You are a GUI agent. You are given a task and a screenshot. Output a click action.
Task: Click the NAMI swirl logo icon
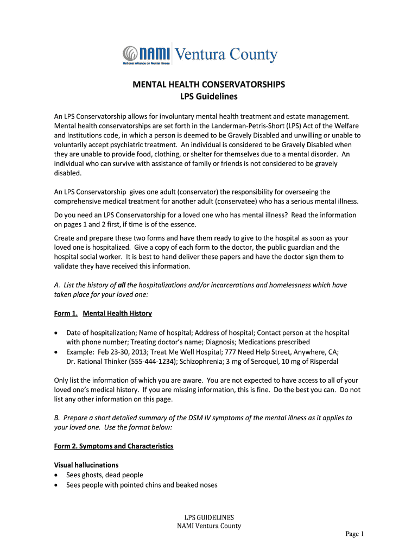[x=130, y=54]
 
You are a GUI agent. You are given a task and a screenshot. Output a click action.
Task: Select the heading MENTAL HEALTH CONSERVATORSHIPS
[x=209, y=85]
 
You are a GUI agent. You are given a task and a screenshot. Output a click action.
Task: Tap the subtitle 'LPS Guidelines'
[x=209, y=97]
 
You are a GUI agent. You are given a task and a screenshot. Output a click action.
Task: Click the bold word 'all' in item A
[x=122, y=285]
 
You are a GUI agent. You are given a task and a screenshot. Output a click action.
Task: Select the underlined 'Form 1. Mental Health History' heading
[x=103, y=314]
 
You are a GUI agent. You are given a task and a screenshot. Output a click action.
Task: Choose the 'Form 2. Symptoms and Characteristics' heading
[x=114, y=446]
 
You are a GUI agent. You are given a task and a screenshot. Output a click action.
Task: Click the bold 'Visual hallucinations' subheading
[x=86, y=465]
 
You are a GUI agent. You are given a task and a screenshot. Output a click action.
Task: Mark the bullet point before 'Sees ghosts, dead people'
[x=57, y=475]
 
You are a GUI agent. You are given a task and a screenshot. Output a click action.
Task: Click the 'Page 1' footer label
[x=354, y=534]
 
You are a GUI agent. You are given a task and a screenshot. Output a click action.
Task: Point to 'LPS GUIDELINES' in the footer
[x=209, y=517]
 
